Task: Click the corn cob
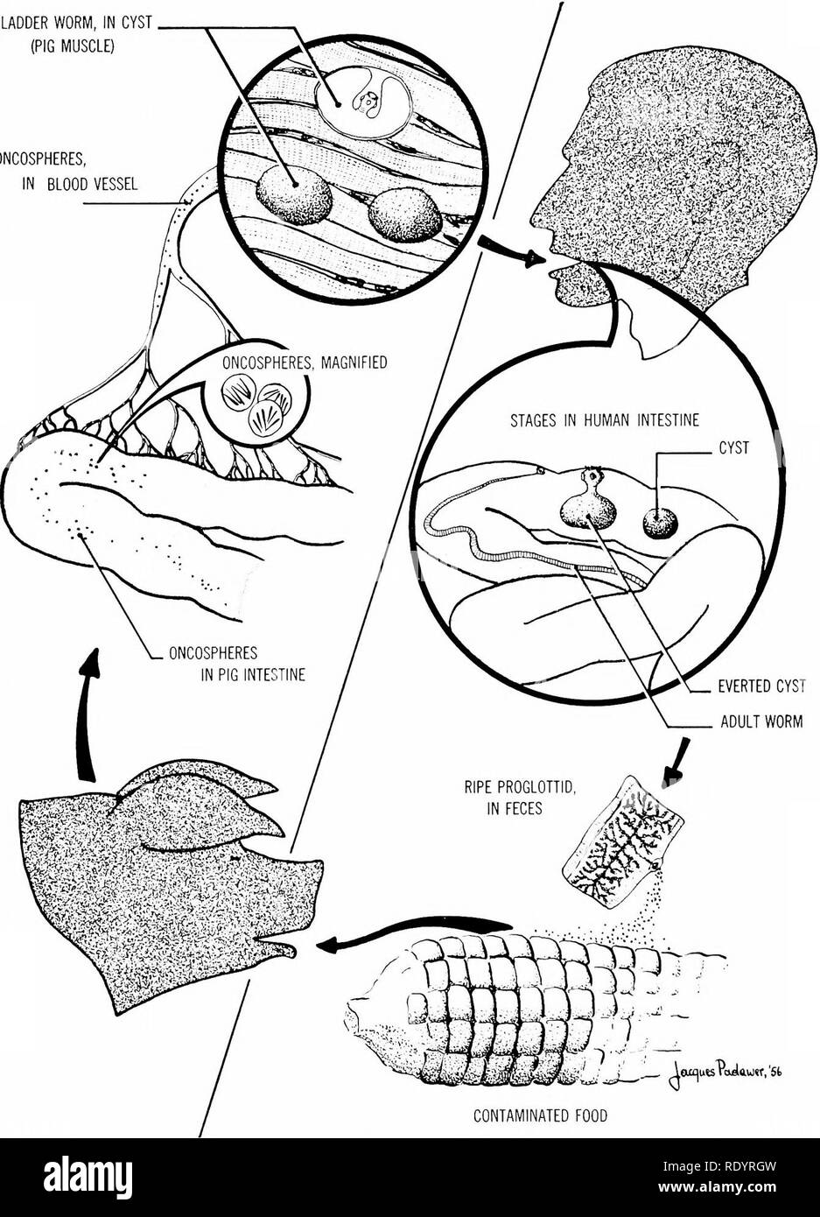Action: pos(516,1007)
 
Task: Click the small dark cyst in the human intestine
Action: pos(660,524)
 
